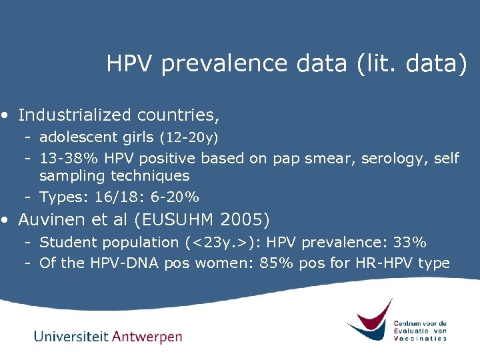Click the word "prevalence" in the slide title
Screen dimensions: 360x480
click(218, 65)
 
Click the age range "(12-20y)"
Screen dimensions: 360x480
click(188, 138)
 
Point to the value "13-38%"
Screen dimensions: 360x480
click(65, 159)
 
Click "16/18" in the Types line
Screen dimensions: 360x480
click(113, 197)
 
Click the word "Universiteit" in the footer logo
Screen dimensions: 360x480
click(71, 337)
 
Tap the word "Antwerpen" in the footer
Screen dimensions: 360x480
click(147, 337)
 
